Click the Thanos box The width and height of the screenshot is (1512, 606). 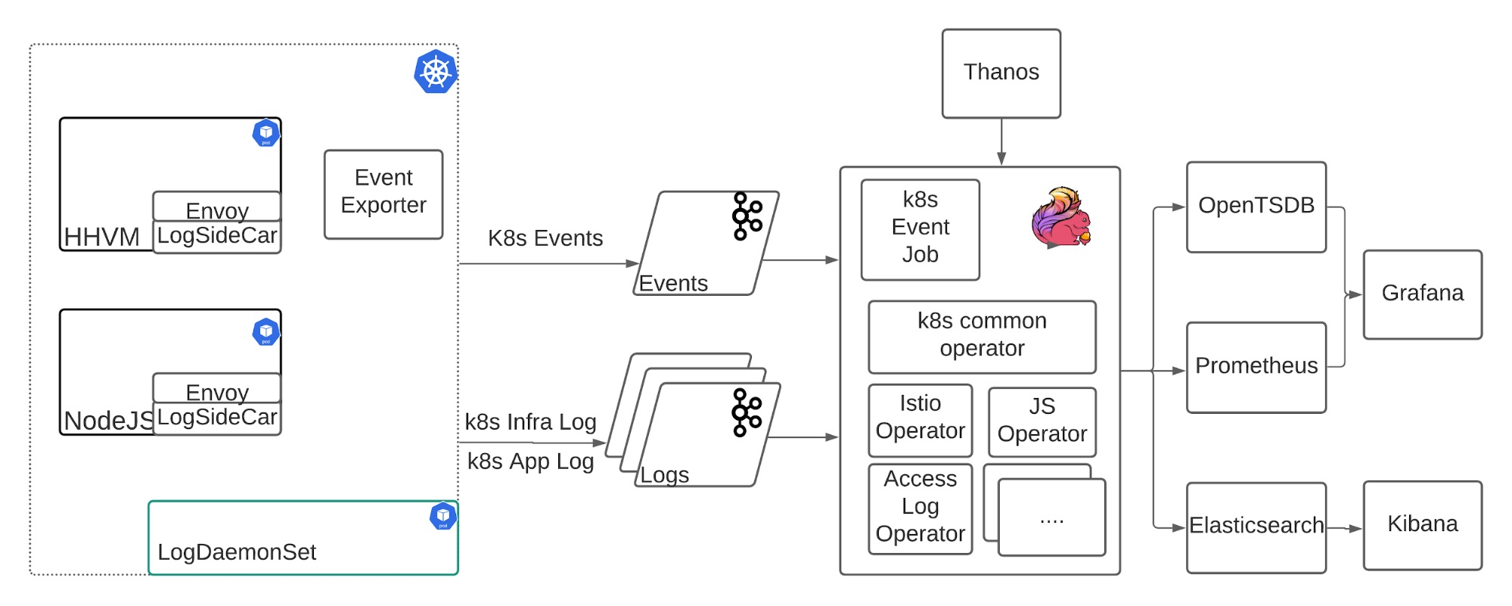click(1001, 73)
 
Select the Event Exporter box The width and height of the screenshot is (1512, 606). click(383, 194)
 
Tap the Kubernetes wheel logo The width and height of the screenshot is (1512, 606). click(436, 72)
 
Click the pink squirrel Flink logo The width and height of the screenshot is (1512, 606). click(1061, 217)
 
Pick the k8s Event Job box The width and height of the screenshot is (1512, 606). click(920, 229)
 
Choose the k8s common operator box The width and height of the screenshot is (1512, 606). click(982, 337)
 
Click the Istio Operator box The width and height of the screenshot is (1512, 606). click(920, 420)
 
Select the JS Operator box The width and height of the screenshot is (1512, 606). click(1042, 421)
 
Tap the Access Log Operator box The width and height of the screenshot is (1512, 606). click(920, 508)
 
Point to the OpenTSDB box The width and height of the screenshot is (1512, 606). click(1256, 207)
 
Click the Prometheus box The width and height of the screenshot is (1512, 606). click(1256, 368)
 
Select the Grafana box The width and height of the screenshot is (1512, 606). click(1422, 294)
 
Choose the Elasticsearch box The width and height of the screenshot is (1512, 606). click(1256, 527)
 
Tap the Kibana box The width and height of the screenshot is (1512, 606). click(1422, 525)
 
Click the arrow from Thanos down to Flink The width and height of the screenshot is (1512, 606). click(1001, 141)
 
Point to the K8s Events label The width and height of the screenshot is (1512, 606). click(545, 238)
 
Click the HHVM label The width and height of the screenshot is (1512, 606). click(101, 237)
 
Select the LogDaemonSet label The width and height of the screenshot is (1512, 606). click(237, 552)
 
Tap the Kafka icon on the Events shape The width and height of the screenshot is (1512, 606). click(747, 216)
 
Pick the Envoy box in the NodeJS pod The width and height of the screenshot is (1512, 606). click(217, 388)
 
